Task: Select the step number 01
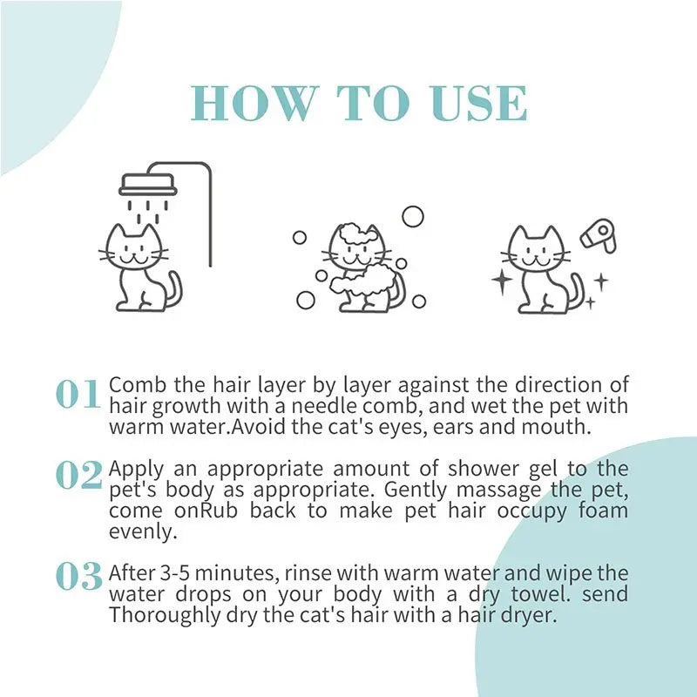pyautogui.click(x=78, y=395)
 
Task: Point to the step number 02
pyautogui.click(x=78, y=475)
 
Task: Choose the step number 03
pyautogui.click(x=78, y=576)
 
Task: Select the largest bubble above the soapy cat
pyautogui.click(x=412, y=215)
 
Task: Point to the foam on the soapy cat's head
pyautogui.click(x=354, y=238)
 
